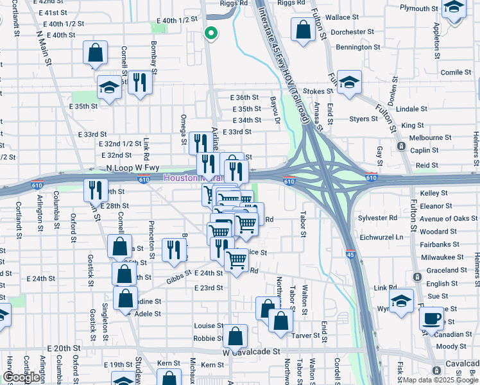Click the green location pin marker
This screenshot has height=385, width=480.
(210, 34)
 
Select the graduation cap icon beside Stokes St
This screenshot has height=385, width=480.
(349, 83)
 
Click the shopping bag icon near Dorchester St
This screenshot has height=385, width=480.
(302, 30)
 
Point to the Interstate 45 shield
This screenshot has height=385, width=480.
(350, 253)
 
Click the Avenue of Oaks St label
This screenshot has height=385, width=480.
(448, 219)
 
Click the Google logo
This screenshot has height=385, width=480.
(21, 377)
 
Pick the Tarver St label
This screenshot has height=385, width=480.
(306, 336)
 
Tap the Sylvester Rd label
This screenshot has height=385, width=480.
(378, 218)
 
